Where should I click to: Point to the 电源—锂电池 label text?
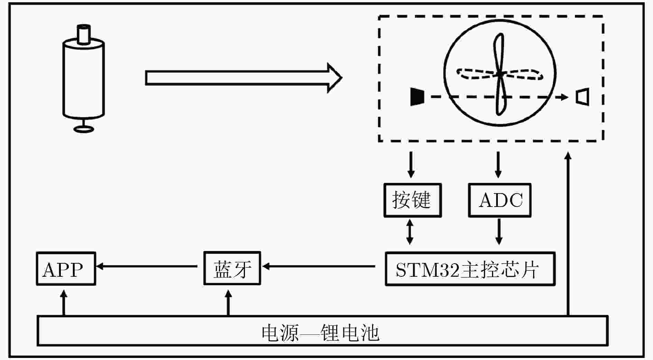tap(320, 333)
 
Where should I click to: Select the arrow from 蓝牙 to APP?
tap(146, 266)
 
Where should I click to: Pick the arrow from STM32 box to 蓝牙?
tap(319, 266)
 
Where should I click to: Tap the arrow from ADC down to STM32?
tap(499, 231)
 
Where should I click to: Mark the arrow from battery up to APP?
tap(64, 303)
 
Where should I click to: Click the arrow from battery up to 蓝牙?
tap(228, 303)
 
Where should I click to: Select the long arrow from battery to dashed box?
tap(568, 234)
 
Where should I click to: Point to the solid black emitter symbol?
tap(417, 97)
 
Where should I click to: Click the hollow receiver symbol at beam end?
tap(582, 97)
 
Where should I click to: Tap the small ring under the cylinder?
tap(84, 129)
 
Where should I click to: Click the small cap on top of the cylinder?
tap(83, 34)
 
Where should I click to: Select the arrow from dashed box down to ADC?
tap(498, 164)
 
